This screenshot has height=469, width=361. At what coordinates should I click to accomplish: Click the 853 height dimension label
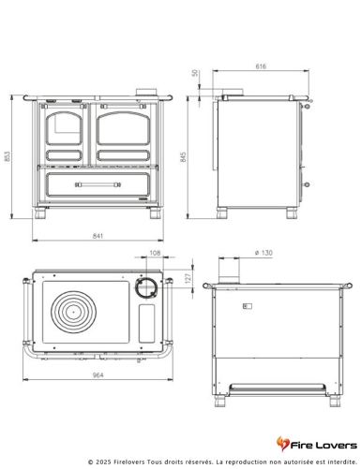tap(8, 157)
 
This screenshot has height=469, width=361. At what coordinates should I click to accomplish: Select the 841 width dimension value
tap(96, 237)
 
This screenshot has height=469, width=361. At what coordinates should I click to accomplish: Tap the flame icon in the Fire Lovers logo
tap(284, 443)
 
